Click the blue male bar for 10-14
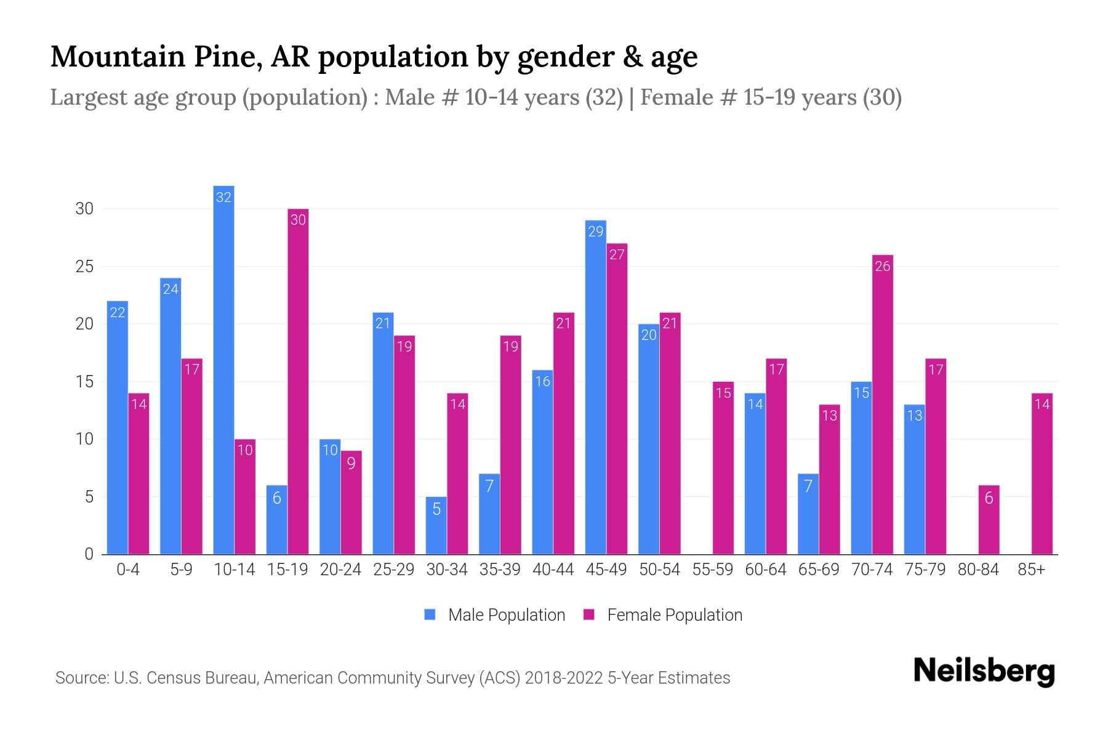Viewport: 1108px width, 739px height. click(x=223, y=369)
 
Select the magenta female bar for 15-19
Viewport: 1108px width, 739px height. click(x=298, y=382)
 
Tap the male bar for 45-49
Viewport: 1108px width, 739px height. click(x=595, y=388)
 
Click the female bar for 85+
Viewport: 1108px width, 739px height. click(x=1042, y=474)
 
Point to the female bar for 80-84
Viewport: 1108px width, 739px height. click(x=989, y=520)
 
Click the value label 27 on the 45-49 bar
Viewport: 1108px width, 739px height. click(x=617, y=255)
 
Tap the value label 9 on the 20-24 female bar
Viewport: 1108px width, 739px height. click(x=351, y=463)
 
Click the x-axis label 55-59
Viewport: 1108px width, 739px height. click(x=712, y=570)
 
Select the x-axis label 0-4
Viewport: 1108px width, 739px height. click(x=128, y=570)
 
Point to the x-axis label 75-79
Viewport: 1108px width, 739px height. click(x=925, y=570)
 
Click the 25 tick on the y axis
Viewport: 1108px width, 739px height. click(x=84, y=267)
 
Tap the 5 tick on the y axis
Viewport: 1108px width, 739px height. click(x=89, y=496)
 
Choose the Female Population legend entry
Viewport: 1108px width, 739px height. click(x=663, y=615)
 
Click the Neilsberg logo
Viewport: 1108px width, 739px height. click(x=984, y=671)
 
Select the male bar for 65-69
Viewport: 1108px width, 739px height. click(x=808, y=514)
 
